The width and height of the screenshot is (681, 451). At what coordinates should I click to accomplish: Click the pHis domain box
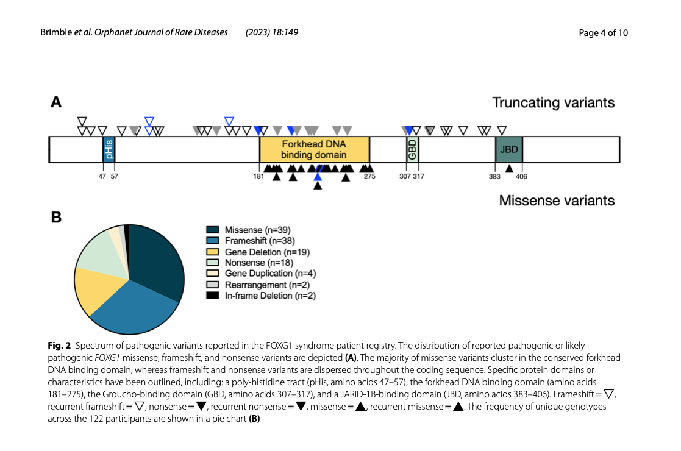click(x=109, y=149)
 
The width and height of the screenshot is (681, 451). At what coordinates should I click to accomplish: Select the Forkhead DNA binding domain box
click(x=314, y=149)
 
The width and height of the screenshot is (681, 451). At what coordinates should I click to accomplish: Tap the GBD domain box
click(x=413, y=149)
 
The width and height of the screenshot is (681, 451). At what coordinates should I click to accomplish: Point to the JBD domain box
click(x=508, y=149)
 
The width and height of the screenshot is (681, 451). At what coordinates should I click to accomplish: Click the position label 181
click(x=258, y=177)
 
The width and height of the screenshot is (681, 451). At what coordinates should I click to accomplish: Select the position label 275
click(x=369, y=177)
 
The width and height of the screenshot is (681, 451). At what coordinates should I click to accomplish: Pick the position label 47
click(x=102, y=177)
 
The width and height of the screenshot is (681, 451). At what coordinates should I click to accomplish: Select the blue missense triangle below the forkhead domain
click(x=317, y=176)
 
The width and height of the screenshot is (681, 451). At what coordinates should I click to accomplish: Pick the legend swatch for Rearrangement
click(x=213, y=285)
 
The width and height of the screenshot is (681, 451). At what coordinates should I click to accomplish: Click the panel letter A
click(x=55, y=102)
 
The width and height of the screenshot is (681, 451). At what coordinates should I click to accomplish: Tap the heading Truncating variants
click(x=553, y=102)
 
